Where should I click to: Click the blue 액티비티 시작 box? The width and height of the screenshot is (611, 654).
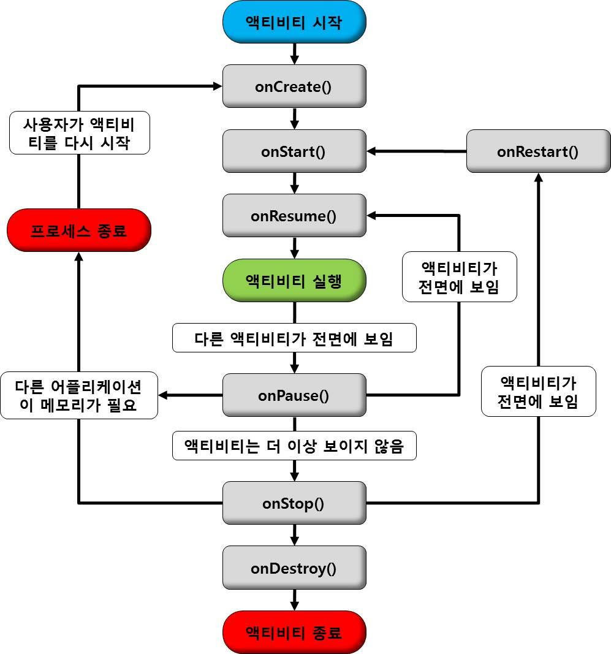(x=294, y=22)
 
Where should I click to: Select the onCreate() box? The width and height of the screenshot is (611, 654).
(x=294, y=86)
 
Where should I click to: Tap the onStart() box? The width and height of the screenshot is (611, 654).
(x=294, y=151)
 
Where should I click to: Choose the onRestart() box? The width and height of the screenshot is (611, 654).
(x=538, y=151)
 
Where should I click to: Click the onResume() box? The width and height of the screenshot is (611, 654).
(x=294, y=216)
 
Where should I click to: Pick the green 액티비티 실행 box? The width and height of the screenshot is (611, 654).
(x=294, y=281)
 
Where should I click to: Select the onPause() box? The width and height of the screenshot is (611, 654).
(x=294, y=395)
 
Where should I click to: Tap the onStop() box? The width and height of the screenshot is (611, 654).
(x=294, y=503)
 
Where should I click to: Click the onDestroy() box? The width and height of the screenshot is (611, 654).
(x=294, y=568)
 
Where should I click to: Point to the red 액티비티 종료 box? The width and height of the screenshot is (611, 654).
(x=294, y=633)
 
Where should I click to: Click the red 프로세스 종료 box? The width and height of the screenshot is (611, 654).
(x=78, y=230)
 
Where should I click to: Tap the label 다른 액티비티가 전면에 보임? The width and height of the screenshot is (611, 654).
(x=294, y=338)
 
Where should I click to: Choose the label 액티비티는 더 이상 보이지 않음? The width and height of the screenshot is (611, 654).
(x=294, y=446)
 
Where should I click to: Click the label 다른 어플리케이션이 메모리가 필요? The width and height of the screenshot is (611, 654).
(x=78, y=396)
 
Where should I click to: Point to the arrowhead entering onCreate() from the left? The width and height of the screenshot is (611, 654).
(x=217, y=86)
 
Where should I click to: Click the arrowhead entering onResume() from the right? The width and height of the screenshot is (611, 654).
(x=372, y=215)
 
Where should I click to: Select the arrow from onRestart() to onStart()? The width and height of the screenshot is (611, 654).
(x=417, y=151)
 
